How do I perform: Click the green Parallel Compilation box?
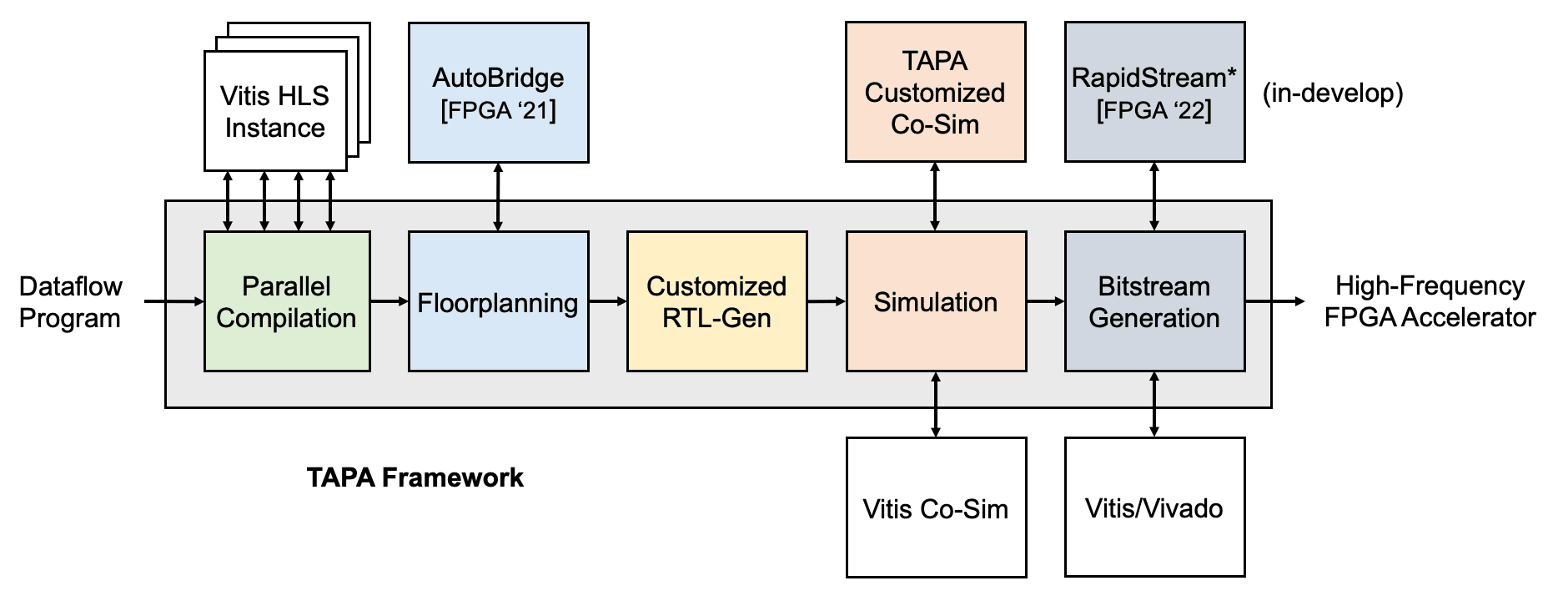[x=287, y=301]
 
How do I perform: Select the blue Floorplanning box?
[x=498, y=301]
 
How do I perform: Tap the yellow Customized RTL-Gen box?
[x=716, y=301]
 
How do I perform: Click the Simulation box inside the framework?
[x=936, y=301]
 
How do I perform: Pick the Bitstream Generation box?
[x=1154, y=301]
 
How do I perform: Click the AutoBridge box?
[x=498, y=92]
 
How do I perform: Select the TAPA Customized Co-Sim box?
[x=935, y=92]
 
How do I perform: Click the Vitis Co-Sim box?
[x=936, y=508]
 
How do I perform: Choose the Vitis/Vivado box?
[x=1154, y=508]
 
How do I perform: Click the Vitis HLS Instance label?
[x=274, y=111]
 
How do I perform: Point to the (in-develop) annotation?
[x=1333, y=93]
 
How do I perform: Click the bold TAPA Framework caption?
[x=415, y=477]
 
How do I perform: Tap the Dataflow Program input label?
[x=70, y=301]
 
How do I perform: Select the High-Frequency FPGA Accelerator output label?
[x=1430, y=301]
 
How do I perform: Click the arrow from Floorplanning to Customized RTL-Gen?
[x=607, y=301]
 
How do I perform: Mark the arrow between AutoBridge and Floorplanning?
[x=498, y=197]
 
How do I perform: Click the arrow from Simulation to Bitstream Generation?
[x=1045, y=301]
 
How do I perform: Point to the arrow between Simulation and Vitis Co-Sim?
[x=936, y=404]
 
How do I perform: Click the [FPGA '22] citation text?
[x=1154, y=110]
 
